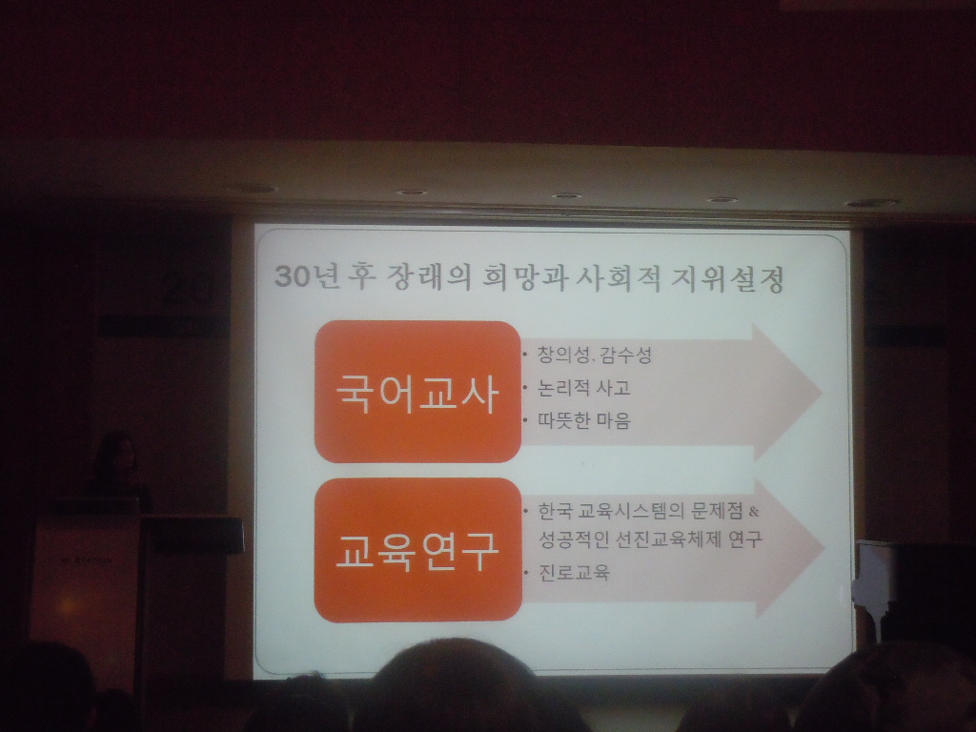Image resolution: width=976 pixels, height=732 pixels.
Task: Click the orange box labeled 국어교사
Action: coord(417,392)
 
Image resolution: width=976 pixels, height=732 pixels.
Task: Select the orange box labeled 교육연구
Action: coord(417,550)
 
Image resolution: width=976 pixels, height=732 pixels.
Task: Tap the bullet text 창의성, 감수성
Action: coord(595,356)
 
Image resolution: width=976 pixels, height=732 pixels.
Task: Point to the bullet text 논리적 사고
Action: coord(584,388)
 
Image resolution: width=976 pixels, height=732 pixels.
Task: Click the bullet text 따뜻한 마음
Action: coord(584,420)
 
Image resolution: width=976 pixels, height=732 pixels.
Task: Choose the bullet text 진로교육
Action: coord(574,572)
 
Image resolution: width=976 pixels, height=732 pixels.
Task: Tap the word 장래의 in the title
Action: coord(429,277)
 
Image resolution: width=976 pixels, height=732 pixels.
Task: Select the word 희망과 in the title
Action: coord(525,277)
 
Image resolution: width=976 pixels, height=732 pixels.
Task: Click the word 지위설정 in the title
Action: coord(727,279)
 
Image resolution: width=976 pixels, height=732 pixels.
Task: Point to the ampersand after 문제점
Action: coord(754,512)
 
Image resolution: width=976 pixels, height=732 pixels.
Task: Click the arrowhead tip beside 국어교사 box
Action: coord(823,393)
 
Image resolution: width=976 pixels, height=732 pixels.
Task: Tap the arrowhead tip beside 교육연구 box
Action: coord(824,548)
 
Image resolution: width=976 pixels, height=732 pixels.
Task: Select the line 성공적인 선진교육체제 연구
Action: coord(650,539)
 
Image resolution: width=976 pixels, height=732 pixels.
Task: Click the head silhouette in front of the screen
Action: coord(455,684)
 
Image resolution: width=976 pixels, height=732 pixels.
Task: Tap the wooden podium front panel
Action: coord(86,598)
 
